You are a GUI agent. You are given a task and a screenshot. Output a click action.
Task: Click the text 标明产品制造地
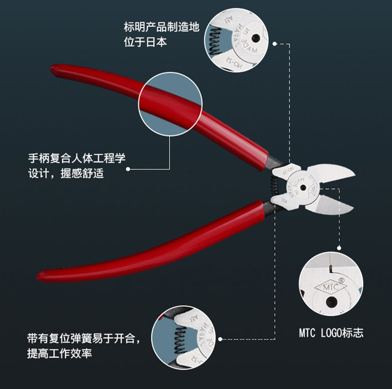coord(161,27)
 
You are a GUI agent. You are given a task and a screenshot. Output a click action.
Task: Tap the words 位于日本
coord(145,42)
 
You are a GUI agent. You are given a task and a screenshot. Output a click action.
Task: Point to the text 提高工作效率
coord(60,354)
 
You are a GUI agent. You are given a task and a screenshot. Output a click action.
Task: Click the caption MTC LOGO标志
coord(331,333)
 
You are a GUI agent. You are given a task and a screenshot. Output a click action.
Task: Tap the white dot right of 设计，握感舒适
coord(128,169)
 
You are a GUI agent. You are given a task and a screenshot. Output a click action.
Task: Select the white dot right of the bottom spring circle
coord(220,339)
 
